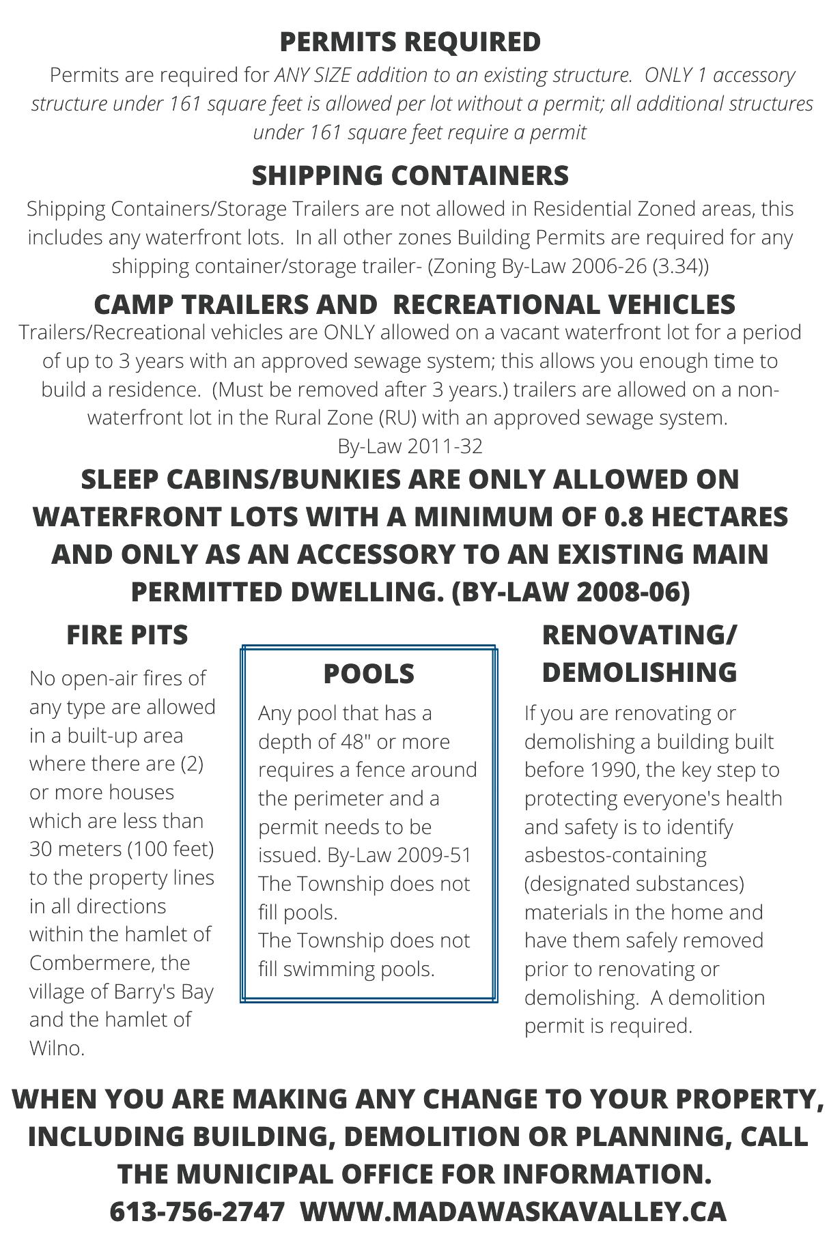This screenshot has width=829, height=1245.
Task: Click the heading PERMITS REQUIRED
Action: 410,42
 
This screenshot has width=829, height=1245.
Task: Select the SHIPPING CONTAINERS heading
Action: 410,175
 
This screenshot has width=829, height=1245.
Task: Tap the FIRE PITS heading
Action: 127,635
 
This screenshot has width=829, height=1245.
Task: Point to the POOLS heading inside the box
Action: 368,674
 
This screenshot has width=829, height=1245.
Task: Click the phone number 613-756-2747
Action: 197,1211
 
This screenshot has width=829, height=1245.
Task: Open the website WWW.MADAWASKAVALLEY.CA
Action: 513,1211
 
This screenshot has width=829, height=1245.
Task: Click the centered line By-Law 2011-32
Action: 410,446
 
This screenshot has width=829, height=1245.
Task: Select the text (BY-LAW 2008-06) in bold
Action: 571,592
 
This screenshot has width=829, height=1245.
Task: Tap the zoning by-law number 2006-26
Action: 608,266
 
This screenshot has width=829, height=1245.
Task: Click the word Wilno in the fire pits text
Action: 56,1048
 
